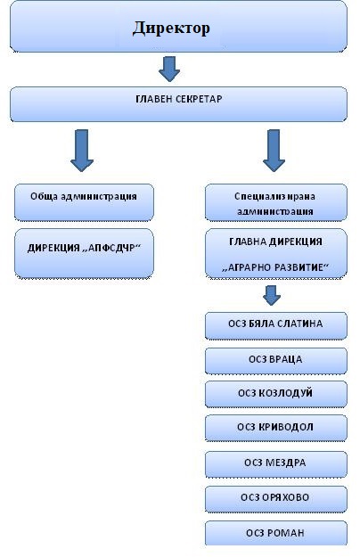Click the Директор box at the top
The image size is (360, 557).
point(178,27)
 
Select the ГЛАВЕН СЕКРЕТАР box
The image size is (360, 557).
point(178,104)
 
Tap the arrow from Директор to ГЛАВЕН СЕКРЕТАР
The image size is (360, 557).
point(169,69)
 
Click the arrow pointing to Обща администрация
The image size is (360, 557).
point(82,151)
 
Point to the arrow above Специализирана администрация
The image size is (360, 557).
point(274,151)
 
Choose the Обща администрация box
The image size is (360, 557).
point(84,202)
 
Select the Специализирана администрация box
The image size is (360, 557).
point(276,202)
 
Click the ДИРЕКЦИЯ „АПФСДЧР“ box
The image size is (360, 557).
point(84,253)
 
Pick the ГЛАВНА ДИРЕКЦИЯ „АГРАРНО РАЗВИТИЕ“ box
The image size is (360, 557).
point(276,253)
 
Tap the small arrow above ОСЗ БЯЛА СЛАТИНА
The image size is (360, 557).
point(272,295)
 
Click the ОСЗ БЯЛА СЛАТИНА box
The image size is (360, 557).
point(276,325)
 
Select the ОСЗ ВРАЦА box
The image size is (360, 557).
point(276,361)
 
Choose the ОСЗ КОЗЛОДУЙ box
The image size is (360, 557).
point(276,394)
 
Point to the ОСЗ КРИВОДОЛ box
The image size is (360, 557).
point(276,428)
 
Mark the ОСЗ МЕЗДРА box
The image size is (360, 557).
point(276,464)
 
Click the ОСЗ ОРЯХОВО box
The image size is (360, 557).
point(276,499)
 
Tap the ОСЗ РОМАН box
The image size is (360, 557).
point(276,533)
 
